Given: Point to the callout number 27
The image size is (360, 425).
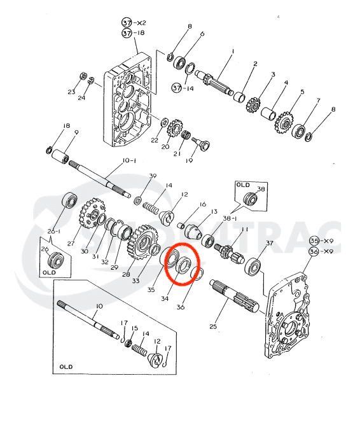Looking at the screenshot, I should coord(71,242).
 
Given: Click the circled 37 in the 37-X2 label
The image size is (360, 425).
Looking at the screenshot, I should coord(127,22).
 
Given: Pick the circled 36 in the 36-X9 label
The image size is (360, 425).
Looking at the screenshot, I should coord(313,251).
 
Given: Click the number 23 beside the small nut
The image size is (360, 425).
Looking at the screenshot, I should coord(71,92).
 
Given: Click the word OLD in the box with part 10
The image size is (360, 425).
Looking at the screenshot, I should coord(66,366).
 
